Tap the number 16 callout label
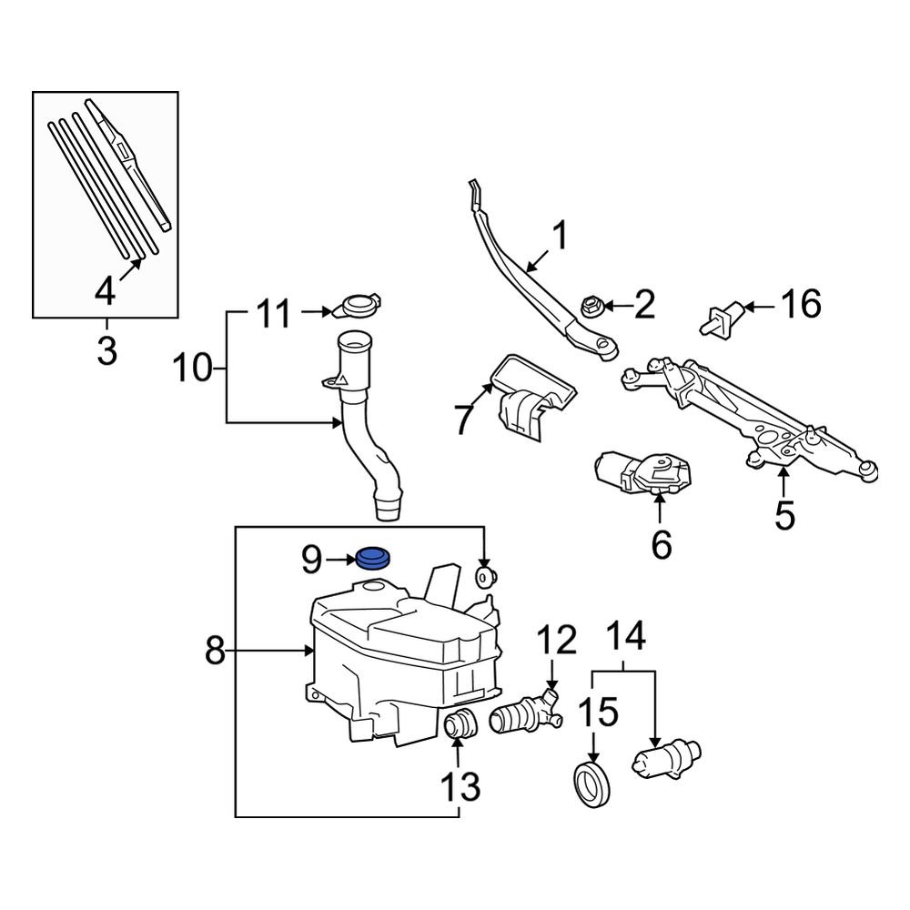coord(801,305)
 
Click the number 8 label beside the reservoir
coord(215,651)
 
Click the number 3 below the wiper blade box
coord(106,349)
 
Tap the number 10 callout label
coord(193,369)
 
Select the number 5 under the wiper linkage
coord(784,515)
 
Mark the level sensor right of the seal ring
coord(666,757)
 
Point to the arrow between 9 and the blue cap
coord(340,559)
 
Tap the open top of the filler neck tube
coord(354,343)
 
